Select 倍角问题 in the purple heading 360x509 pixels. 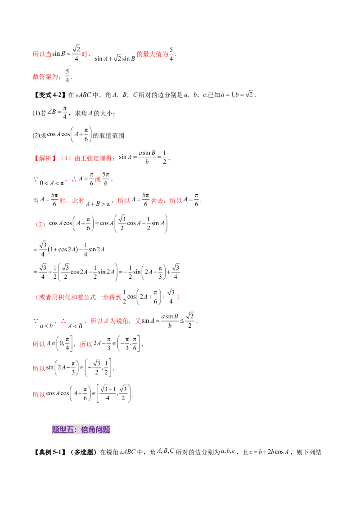pyautogui.click(x=95, y=429)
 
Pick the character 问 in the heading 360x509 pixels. pyautogui.click(x=99, y=429)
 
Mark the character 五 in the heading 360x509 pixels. pyautogui.click(x=70, y=429)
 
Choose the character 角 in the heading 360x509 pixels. pyautogui.click(x=92, y=429)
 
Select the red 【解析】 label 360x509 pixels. pyautogui.click(x=45, y=158)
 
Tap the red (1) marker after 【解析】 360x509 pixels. pyautogui.click(x=66, y=158)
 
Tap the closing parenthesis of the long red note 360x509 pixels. pyautogui.click(x=179, y=297)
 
